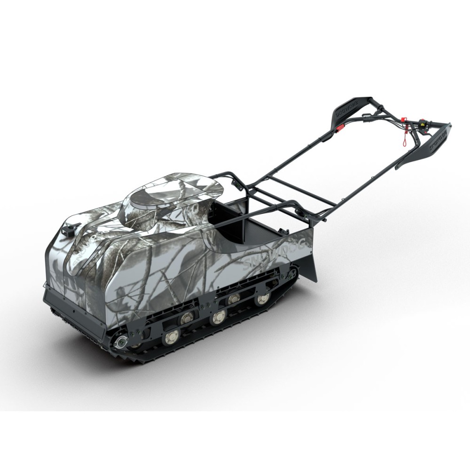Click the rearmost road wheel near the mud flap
click(x=259, y=299)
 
